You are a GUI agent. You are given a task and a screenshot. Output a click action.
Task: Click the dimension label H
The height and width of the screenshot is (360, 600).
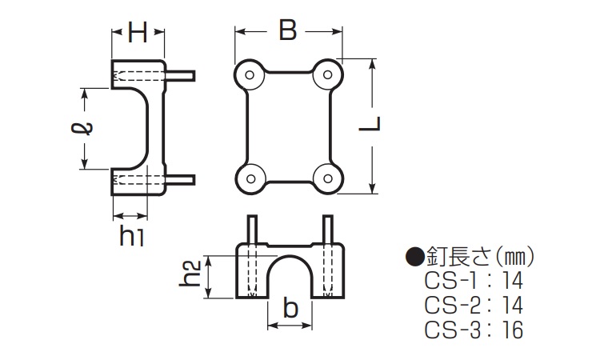[138, 33]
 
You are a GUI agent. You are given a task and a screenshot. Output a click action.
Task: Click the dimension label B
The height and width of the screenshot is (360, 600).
[287, 31]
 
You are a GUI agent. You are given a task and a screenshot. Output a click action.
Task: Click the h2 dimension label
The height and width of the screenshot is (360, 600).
[190, 274]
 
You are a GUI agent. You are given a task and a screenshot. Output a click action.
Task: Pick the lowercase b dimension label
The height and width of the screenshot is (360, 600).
[290, 309]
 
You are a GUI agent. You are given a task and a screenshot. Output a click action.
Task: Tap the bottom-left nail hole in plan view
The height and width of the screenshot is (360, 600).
[250, 177]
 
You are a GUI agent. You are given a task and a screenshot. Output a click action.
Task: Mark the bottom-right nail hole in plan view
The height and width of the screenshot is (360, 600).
[325, 177]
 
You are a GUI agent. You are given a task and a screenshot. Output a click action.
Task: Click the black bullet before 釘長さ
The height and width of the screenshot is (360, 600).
[414, 257]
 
